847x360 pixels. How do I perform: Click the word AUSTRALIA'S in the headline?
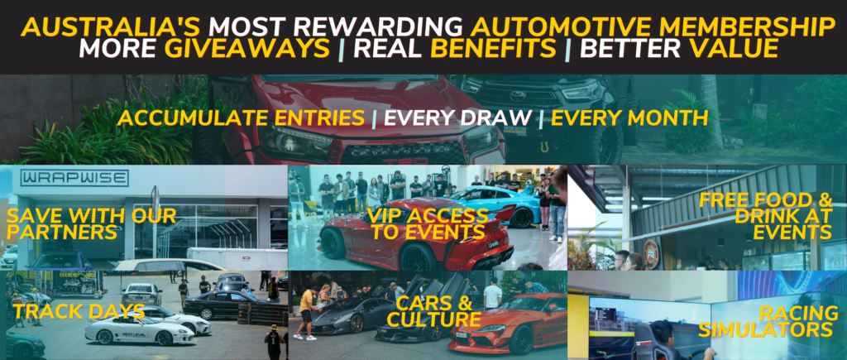[x=110, y=27]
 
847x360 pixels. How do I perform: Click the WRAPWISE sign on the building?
[x=74, y=178]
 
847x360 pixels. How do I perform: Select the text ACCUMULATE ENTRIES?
[x=241, y=118]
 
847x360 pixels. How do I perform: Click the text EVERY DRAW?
[x=457, y=118]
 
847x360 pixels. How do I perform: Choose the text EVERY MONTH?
[x=629, y=118]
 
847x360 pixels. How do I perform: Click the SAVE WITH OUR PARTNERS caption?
[x=91, y=223]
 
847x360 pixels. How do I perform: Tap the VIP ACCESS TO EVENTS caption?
[x=428, y=223]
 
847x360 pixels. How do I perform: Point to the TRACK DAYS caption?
[x=79, y=311]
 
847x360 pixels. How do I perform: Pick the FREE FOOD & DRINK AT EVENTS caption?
[x=765, y=216]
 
